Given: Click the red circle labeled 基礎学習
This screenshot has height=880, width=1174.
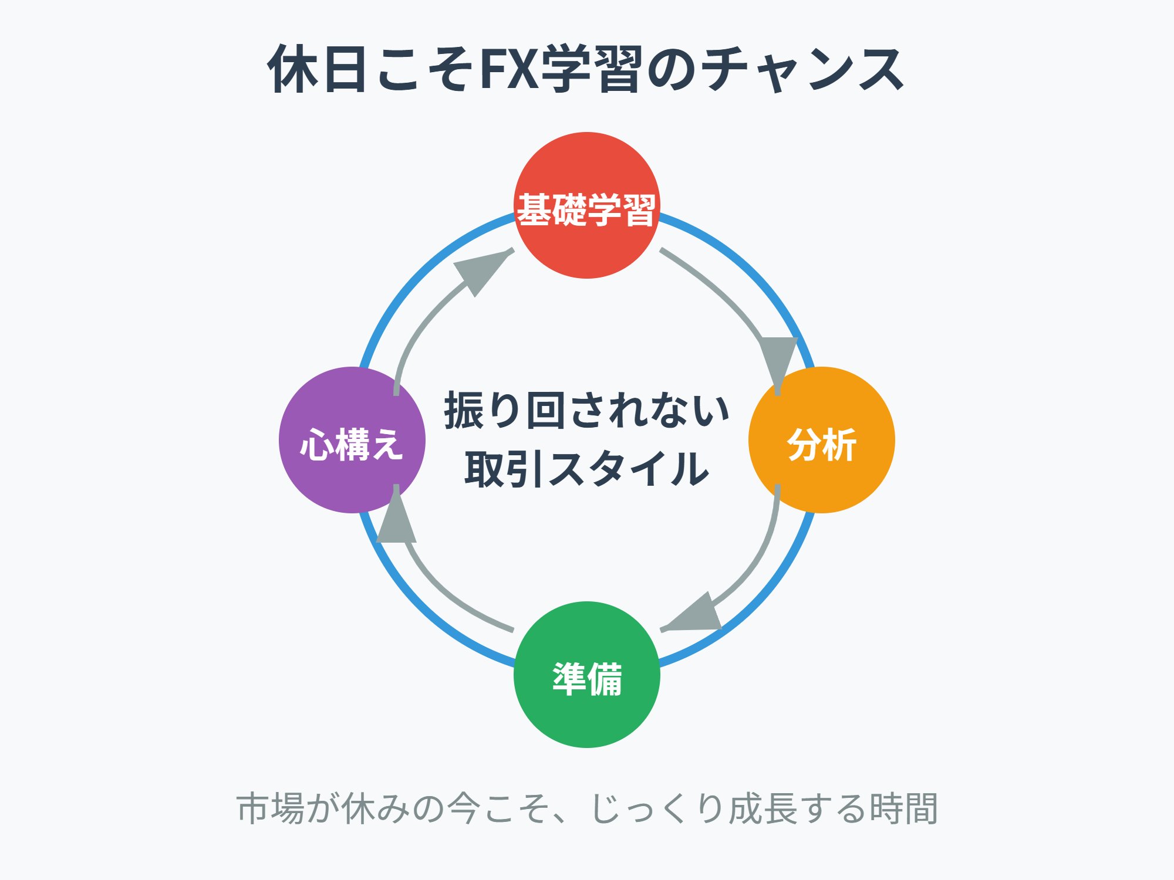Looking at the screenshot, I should pos(586,205).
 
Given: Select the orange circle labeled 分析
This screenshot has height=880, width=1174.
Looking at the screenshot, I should pos(821,440).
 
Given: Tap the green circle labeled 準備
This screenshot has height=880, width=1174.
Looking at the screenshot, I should pos(586,675).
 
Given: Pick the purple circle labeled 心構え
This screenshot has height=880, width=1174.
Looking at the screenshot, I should pos(352,440).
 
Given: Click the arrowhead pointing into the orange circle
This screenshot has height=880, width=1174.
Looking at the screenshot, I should pos(778,361).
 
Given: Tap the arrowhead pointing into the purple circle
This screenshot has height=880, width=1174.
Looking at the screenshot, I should pos(396,519).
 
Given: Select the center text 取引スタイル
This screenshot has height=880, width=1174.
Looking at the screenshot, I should pos(586,469).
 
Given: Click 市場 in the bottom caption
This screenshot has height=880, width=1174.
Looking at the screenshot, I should pos(271,808).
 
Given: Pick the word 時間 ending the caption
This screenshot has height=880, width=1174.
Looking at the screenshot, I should pos(903,808).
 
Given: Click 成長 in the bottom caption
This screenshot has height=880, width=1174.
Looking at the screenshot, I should pos(763,808).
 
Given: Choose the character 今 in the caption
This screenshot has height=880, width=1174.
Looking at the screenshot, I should pos(464,808).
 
